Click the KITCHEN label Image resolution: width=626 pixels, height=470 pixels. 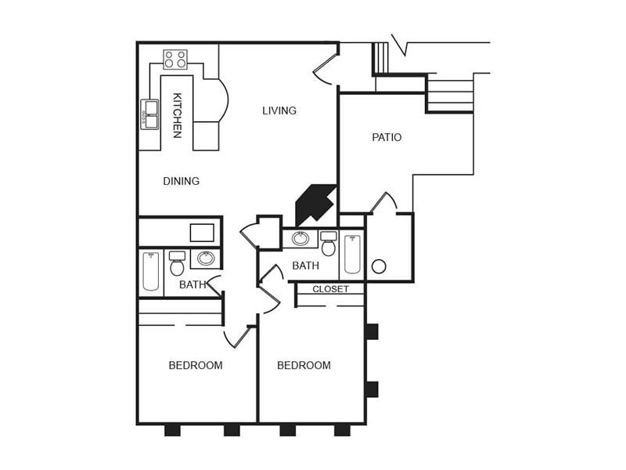[x=177, y=116]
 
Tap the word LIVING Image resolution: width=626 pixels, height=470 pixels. [x=279, y=110]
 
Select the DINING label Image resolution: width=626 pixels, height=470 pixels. [x=181, y=181]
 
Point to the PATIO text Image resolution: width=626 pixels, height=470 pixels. [x=387, y=137]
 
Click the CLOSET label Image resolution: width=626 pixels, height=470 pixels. [x=330, y=289]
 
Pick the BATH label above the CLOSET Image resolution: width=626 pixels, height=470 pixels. [x=305, y=266]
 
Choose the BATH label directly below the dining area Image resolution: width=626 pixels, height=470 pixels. [x=192, y=284]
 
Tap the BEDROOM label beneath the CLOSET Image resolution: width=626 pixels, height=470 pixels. [x=304, y=365]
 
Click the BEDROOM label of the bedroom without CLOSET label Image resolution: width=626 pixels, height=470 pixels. [x=196, y=365]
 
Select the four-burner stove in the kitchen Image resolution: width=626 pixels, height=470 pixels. [x=175, y=60]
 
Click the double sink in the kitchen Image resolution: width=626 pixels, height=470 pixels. [x=149, y=114]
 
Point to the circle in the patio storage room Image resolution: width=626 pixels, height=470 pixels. [x=379, y=266]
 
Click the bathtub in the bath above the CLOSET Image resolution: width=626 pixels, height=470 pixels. [x=352, y=255]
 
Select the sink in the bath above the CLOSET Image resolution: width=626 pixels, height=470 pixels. [x=300, y=238]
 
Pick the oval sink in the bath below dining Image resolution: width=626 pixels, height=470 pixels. [x=206, y=258]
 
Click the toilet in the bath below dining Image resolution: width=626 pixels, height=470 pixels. [x=178, y=265]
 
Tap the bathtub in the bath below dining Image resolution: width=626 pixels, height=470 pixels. [x=151, y=271]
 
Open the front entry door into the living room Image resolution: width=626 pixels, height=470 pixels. [x=324, y=69]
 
